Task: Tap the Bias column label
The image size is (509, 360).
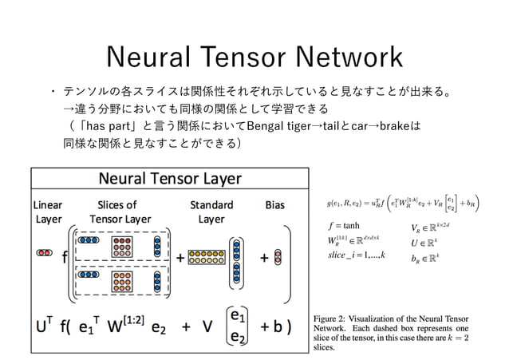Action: coord(274,204)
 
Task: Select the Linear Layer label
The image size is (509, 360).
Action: coord(47,212)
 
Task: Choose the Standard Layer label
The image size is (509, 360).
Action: coord(211,212)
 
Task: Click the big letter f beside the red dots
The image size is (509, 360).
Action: coord(64,259)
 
